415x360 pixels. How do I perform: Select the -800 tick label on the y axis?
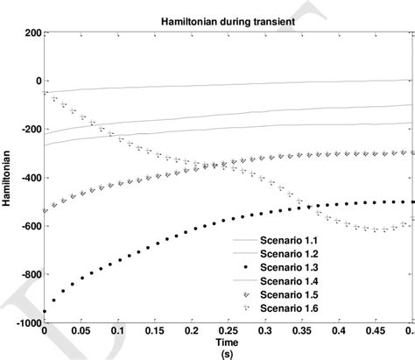point(29,274)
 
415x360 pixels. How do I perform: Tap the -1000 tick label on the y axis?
point(26,322)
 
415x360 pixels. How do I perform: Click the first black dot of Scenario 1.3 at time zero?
point(46,311)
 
